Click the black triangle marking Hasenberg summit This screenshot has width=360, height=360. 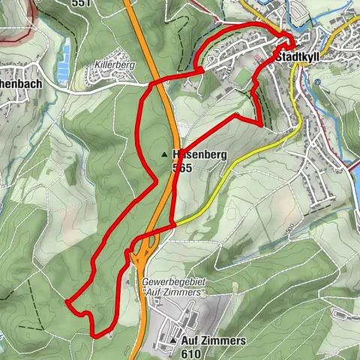pos(164,155)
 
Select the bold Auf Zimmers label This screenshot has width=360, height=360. pos(213,340)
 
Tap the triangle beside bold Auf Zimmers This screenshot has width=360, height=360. pos(173,340)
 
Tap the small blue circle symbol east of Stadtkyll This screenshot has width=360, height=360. pos(318,82)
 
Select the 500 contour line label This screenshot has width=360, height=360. pos(289,226)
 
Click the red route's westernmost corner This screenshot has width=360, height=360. pos(66,302)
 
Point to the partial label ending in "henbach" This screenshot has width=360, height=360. pos(22,85)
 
